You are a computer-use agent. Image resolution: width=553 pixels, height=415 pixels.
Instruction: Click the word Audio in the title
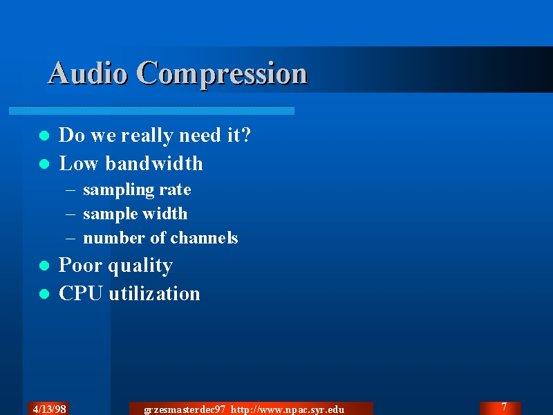click(x=88, y=73)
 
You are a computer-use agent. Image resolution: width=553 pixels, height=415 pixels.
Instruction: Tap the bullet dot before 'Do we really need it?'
click(x=44, y=136)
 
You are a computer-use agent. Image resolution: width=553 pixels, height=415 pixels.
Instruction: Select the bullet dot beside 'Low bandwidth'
click(x=44, y=164)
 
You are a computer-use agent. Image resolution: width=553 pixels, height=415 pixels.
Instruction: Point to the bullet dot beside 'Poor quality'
click(x=44, y=266)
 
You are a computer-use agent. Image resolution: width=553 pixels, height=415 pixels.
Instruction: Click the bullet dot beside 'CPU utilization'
click(x=44, y=293)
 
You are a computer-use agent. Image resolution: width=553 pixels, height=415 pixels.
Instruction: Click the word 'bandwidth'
click(x=154, y=163)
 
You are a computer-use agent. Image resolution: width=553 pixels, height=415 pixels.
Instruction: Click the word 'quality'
click(x=140, y=266)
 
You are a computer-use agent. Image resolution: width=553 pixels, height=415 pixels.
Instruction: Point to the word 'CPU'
click(x=81, y=293)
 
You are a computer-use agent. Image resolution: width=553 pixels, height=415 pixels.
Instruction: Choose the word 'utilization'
click(x=154, y=293)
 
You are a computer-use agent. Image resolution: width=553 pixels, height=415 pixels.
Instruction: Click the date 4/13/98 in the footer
click(x=49, y=409)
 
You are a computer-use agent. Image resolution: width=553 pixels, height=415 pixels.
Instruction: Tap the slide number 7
click(x=505, y=407)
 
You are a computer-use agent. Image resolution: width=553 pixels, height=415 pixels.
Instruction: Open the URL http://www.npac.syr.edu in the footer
click(x=288, y=409)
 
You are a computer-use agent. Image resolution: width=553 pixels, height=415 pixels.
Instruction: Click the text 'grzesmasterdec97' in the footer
click(x=185, y=410)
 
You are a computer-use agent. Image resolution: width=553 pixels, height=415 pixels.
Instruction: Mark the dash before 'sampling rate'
click(x=71, y=190)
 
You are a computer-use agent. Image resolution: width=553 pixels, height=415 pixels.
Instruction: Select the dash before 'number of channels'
click(x=71, y=238)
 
